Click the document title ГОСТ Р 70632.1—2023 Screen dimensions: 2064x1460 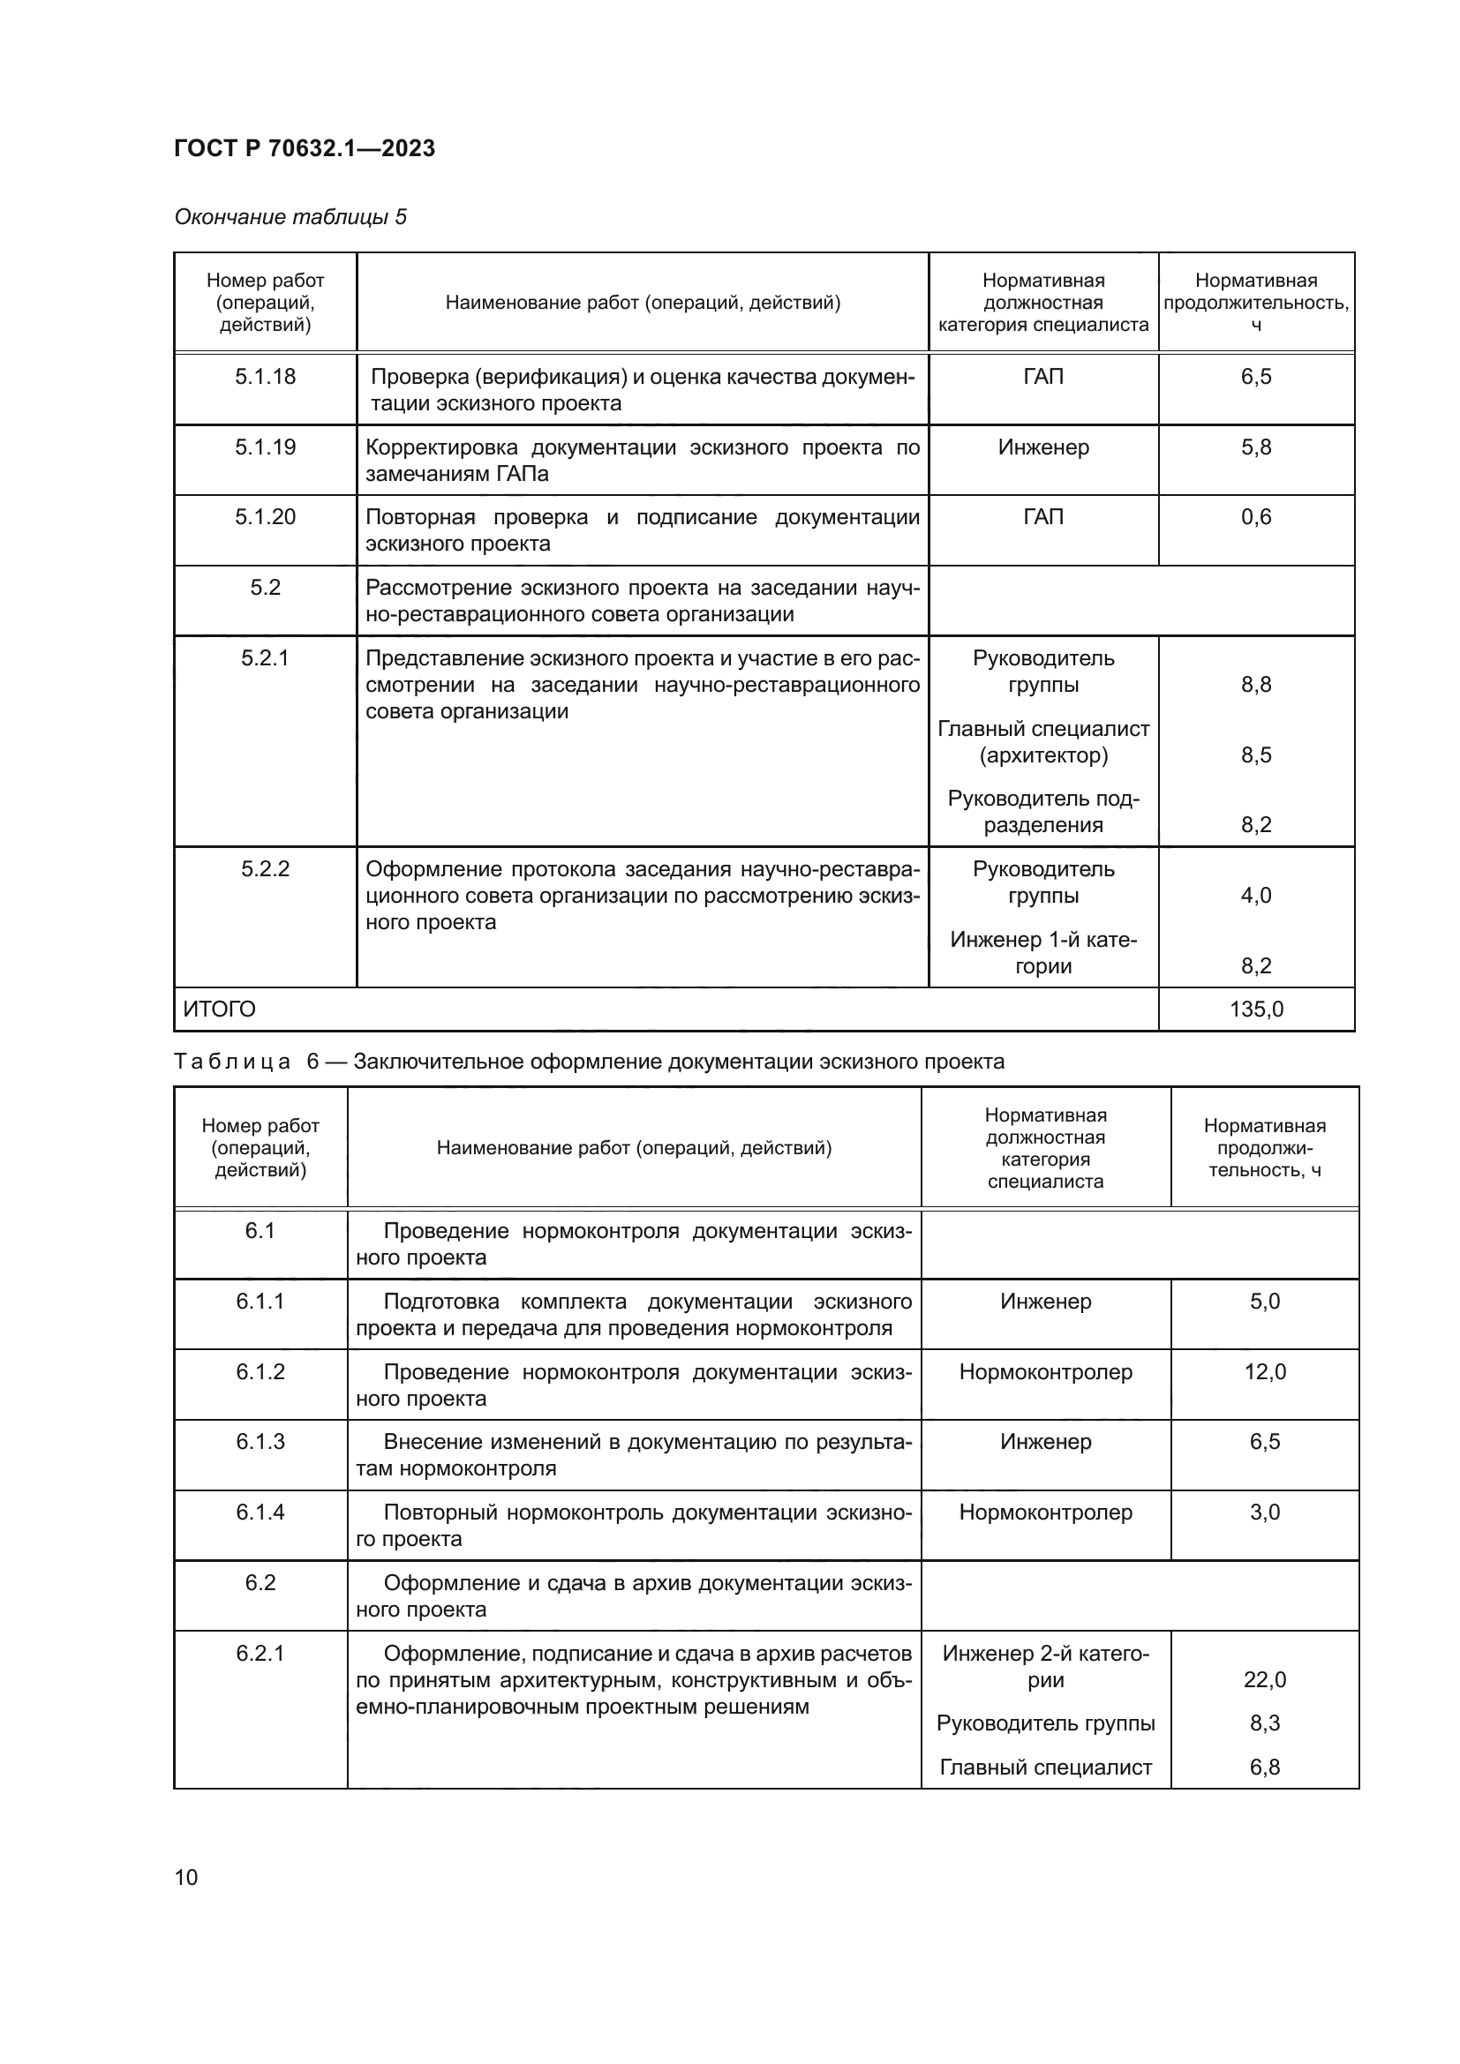(x=304, y=148)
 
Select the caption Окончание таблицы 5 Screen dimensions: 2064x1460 (x=290, y=217)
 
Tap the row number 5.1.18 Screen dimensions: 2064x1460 (x=265, y=377)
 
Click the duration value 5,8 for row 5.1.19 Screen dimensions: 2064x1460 (x=1256, y=447)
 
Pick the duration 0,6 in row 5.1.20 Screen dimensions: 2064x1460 (x=1256, y=517)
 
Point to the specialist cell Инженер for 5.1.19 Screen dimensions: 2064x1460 (x=1042, y=447)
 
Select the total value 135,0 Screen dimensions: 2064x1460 (x=1256, y=1009)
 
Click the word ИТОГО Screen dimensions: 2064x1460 (x=220, y=1009)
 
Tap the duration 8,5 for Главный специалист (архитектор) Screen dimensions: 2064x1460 (x=1256, y=755)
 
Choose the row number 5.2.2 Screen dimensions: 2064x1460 (x=265, y=869)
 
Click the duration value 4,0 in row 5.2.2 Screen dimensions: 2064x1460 (x=1256, y=896)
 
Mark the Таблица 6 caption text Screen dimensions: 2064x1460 (x=588, y=1062)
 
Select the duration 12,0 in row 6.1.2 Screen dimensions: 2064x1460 (x=1264, y=1372)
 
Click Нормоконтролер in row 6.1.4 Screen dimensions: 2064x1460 (x=1044, y=1512)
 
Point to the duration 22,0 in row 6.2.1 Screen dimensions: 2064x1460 (x=1264, y=1679)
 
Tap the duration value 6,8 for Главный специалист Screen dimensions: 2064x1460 (x=1264, y=1768)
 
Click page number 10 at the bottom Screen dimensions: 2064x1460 (x=186, y=1877)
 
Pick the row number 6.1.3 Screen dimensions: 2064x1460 (x=260, y=1442)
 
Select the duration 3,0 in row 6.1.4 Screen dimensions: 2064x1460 (x=1264, y=1512)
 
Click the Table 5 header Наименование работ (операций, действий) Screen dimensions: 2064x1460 (x=642, y=303)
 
